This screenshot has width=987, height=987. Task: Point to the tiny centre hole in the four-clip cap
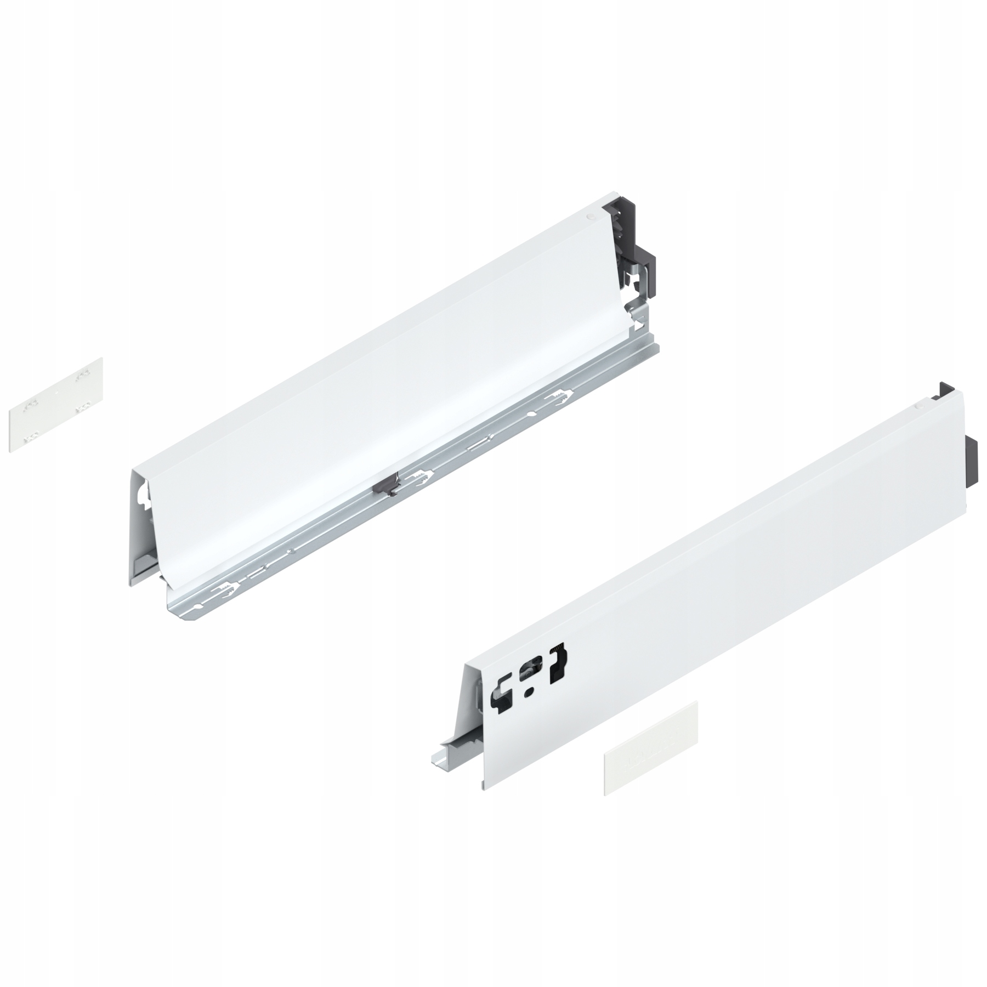(57, 393)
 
